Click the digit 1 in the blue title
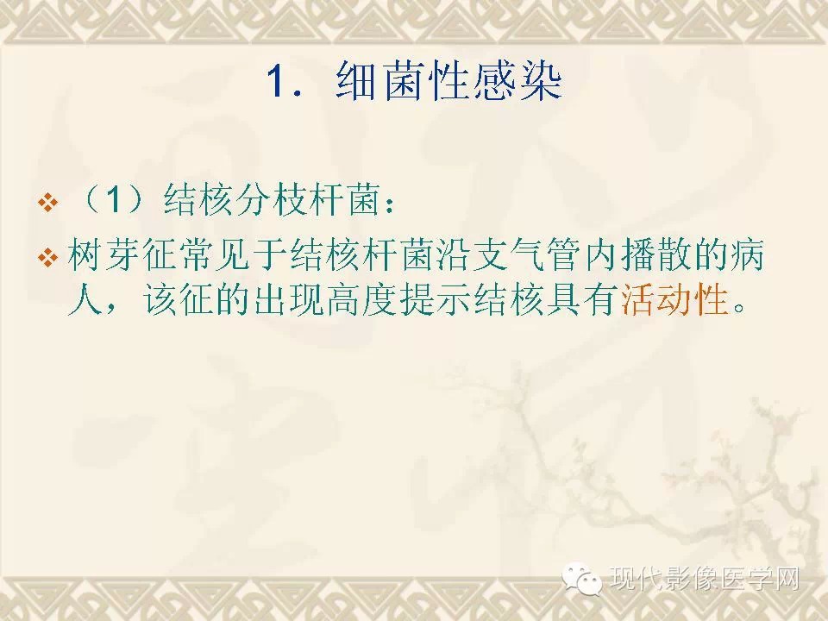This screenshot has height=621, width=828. click(x=278, y=81)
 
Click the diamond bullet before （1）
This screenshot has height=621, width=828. click(x=48, y=202)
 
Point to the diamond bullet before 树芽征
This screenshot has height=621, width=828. click(x=48, y=258)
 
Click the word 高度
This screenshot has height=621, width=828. click(x=362, y=300)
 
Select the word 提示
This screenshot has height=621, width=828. click(x=436, y=300)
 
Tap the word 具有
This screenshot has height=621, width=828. click(x=584, y=300)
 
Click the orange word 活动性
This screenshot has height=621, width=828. click(x=674, y=300)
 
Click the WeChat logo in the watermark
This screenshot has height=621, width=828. click(x=582, y=579)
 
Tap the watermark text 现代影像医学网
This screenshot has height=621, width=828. click(x=705, y=579)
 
